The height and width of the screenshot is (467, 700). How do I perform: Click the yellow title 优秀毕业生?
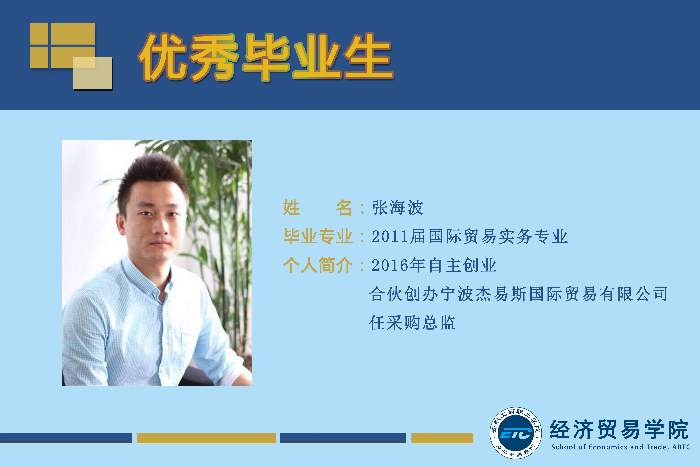click(266, 57)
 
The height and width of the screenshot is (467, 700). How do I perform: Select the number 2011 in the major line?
click(390, 237)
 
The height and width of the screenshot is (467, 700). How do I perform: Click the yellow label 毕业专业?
click(318, 237)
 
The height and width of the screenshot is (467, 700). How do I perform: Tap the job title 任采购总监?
click(412, 323)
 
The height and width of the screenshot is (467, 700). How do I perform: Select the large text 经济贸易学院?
click(619, 430)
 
